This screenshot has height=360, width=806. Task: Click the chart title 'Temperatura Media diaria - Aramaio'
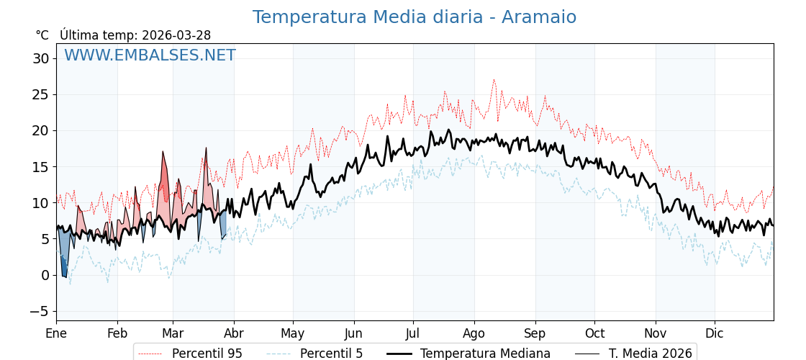pos(414,17)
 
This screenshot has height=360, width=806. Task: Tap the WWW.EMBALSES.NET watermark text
pos(150,55)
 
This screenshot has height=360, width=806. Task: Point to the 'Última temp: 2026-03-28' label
pos(135,35)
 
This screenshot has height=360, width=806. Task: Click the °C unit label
pos(42,35)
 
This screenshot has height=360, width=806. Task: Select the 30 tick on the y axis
pos(40,58)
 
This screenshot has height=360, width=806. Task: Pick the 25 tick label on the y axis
pos(40,94)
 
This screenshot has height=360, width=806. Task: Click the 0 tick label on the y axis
pos(45,275)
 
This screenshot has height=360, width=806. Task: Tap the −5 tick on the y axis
pos(40,311)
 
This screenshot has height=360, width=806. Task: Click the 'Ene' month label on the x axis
pos(56,333)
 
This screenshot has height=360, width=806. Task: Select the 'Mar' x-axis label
pos(173,333)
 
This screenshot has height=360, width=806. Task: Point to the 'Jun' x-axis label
pos(353,333)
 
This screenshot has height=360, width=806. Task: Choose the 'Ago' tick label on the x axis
pos(474,333)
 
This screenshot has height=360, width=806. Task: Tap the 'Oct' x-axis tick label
pos(594,333)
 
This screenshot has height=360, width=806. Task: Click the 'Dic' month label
pos(715,333)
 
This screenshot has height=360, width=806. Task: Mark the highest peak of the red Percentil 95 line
pos(494,80)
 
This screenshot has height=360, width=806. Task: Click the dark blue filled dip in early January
pos(64,268)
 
